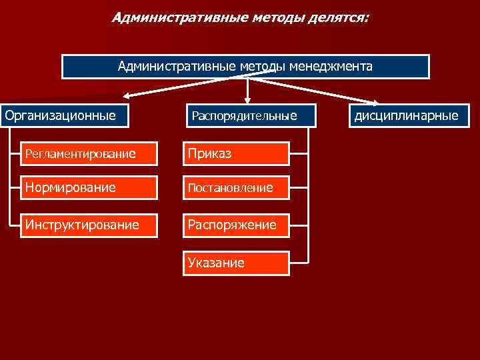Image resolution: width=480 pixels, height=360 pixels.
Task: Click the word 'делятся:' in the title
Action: click(339, 17)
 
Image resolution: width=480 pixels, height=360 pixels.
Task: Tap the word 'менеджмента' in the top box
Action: click(331, 66)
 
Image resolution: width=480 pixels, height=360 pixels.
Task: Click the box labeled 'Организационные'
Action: click(61, 116)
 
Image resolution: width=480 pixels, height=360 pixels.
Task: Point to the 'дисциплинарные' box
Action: click(407, 116)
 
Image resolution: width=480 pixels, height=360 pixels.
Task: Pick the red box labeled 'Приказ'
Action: click(236, 154)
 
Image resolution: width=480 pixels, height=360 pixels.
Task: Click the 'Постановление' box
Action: click(236, 188)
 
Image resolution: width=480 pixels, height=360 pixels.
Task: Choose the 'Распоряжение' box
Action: click(236, 225)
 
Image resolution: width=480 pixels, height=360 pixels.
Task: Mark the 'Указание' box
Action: click(236, 263)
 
